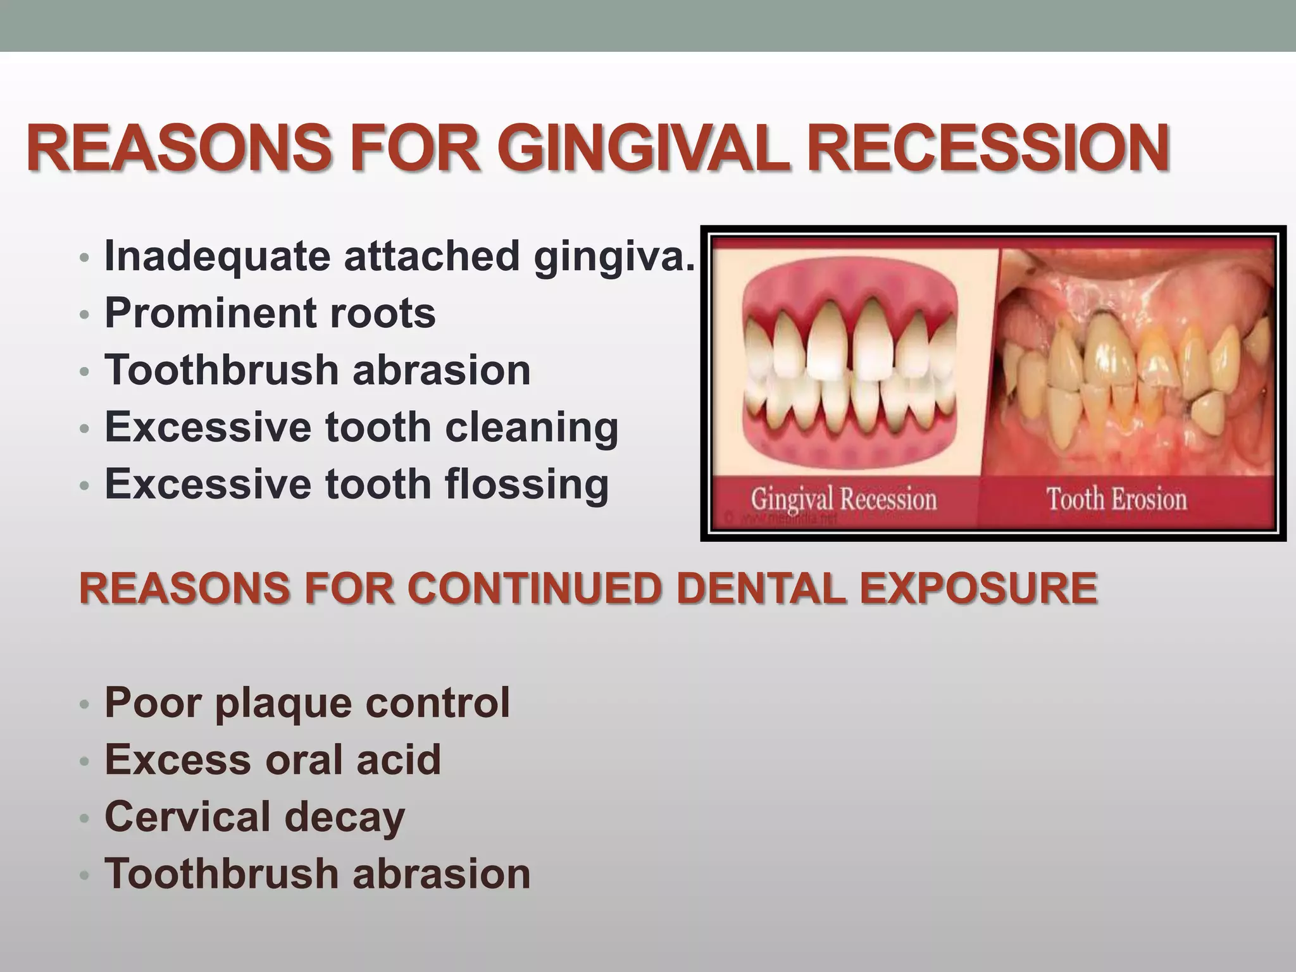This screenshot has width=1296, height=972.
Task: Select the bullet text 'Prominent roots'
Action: pyautogui.click(x=270, y=313)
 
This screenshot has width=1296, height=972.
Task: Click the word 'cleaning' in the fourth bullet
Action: pyautogui.click(x=532, y=428)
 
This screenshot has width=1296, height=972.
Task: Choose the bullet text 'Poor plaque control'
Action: pyautogui.click(x=307, y=702)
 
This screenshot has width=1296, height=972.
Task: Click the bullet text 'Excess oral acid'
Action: pyautogui.click(x=273, y=759)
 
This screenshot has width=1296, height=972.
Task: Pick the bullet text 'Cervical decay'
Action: pyautogui.click(x=254, y=816)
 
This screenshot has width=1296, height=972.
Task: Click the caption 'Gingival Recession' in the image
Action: pyautogui.click(x=844, y=500)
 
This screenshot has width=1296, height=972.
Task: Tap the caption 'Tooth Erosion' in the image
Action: pyautogui.click(x=1116, y=499)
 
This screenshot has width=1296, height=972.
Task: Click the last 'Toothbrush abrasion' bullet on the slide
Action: pyautogui.click(x=317, y=873)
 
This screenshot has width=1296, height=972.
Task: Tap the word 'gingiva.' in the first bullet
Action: pyautogui.click(x=614, y=257)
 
